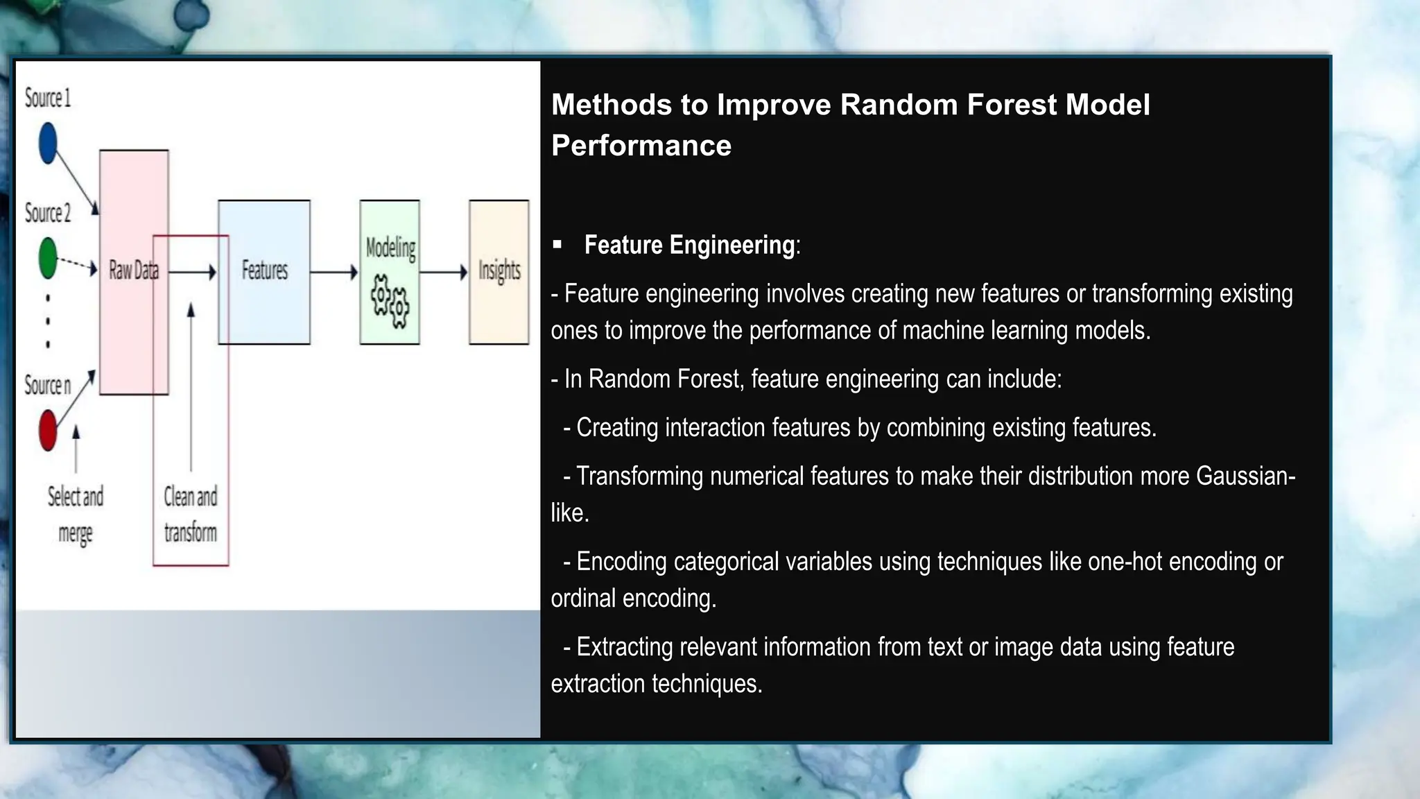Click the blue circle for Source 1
pos(48,143)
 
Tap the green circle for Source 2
pos(48,258)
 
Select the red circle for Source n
pos(48,430)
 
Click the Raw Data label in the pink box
pos(133,270)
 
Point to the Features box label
pos(264,270)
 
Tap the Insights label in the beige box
pos(499,270)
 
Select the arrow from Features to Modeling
pos(334,273)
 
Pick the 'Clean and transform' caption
pos(191,514)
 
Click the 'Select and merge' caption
pos(76,514)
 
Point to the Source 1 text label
pos(48,98)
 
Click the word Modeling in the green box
pos(390,248)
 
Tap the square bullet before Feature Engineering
pos(557,244)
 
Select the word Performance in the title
pos(641,146)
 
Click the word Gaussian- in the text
pos(1245,476)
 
